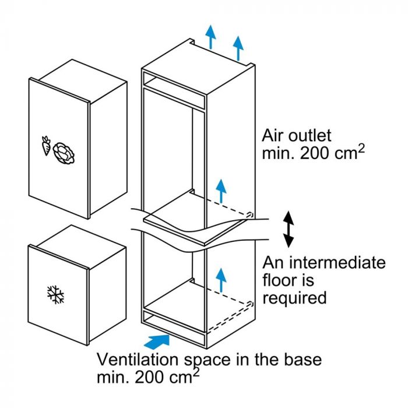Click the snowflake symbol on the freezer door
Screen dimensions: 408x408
point(56,295)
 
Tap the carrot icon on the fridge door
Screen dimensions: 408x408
point(46,146)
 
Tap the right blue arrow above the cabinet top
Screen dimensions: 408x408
point(238,47)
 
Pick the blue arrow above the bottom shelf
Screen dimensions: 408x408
point(220,279)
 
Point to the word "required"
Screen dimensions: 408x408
point(294,298)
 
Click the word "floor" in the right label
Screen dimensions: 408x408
point(280,280)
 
